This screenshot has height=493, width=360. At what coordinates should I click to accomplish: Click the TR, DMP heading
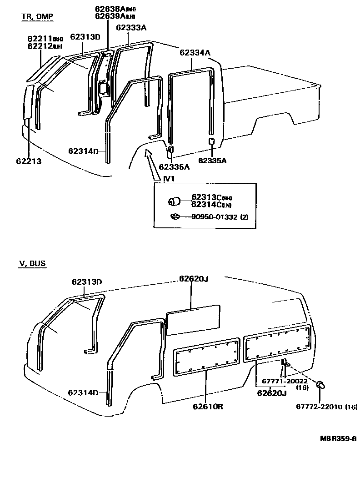click(x=37, y=17)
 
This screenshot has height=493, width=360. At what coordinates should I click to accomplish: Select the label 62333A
click(x=131, y=27)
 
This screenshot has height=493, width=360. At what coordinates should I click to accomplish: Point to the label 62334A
click(x=195, y=52)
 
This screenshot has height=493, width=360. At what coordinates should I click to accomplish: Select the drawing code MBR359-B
click(x=338, y=438)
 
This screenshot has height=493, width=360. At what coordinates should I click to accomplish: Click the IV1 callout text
click(x=169, y=179)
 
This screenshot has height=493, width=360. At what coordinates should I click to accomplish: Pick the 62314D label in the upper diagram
click(x=83, y=151)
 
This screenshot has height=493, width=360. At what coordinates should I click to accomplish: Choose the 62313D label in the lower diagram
click(x=86, y=282)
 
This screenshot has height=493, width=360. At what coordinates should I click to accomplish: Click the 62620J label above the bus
click(x=193, y=278)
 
